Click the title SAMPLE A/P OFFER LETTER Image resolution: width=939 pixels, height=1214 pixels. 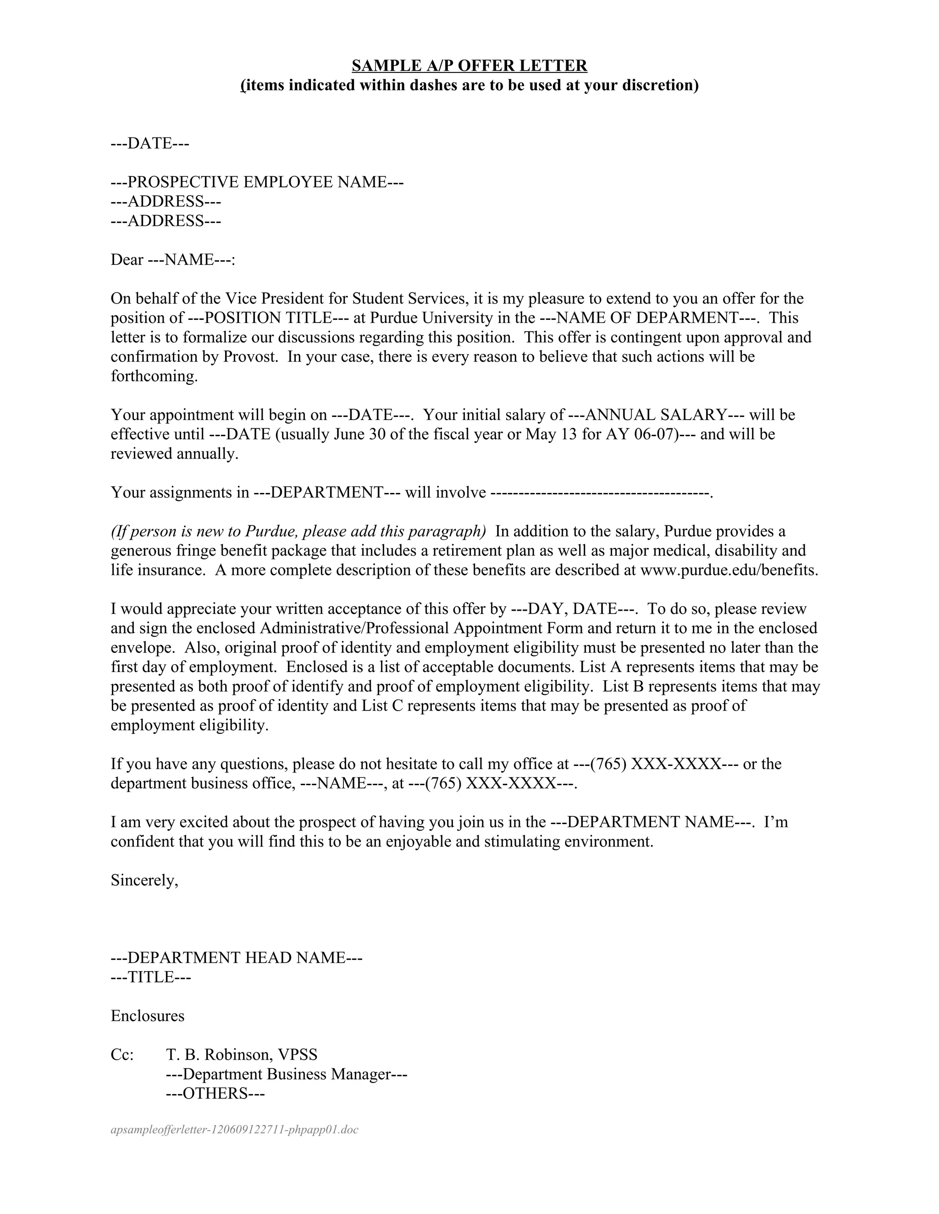click(469, 66)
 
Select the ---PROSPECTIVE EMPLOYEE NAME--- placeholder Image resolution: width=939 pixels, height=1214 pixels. click(257, 182)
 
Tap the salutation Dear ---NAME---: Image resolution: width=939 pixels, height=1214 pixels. click(173, 260)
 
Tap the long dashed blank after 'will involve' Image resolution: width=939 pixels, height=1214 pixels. click(601, 492)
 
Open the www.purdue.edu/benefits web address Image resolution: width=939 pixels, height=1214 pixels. click(728, 570)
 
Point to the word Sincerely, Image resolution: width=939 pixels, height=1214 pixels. click(144, 880)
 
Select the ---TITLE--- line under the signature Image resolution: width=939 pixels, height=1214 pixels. click(151, 977)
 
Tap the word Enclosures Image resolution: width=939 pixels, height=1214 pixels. click(148, 1016)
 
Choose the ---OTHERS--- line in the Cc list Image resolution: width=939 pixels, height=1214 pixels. click(215, 1094)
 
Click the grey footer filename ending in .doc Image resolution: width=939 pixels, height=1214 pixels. click(234, 1130)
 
